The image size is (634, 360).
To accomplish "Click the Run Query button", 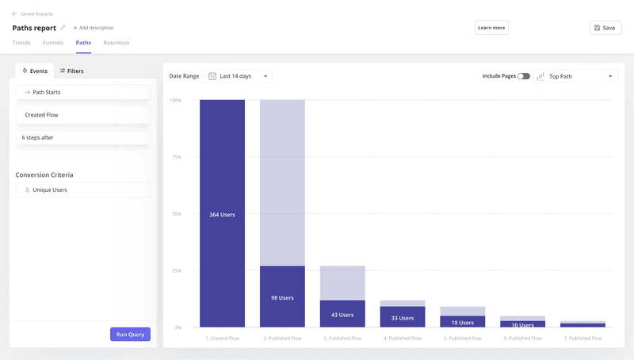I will pos(130,334).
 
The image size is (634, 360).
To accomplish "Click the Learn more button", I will pos(491,28).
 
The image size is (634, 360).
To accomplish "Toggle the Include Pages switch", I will pos(524,76).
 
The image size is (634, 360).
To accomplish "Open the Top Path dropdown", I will pos(575,76).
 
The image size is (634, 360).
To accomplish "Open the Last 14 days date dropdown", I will pos(239,76).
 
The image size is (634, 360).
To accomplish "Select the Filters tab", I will pos(72,71).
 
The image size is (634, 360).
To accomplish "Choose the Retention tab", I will pos(116,43).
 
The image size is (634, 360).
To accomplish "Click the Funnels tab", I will pos(53,43).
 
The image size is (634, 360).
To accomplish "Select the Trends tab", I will pos(21,43).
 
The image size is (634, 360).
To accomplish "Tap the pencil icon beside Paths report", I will pos(63,28).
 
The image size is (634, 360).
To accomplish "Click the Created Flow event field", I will pos(82,115).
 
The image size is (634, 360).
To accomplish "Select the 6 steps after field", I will pos(82,137).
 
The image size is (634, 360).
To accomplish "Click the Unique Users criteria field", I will pos(82,190).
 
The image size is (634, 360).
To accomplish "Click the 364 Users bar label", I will pos(222,215).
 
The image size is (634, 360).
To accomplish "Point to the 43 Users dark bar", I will pos(342,314).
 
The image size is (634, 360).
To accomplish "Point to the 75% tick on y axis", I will pos(177,157).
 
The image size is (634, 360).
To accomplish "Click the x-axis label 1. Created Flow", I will pos(222,338).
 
